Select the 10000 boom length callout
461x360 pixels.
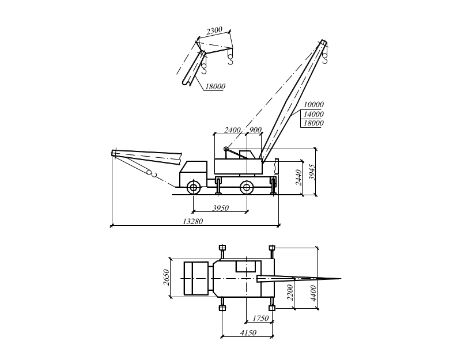click(313, 105)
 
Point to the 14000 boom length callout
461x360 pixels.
click(313, 114)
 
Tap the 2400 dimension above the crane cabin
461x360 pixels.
click(233, 130)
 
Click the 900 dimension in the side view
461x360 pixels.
click(256, 130)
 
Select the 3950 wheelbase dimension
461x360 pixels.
click(221, 207)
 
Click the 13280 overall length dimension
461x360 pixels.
click(192, 221)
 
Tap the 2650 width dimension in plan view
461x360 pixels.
click(167, 278)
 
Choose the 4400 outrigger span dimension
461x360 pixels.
click(313, 294)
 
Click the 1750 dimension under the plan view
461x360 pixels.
click(261, 318)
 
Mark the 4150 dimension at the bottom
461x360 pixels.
click(248, 332)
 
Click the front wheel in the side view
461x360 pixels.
click(194, 187)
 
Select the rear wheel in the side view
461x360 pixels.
click(246, 187)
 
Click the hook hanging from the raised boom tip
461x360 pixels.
click(325, 56)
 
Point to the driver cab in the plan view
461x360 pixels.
click(196, 278)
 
